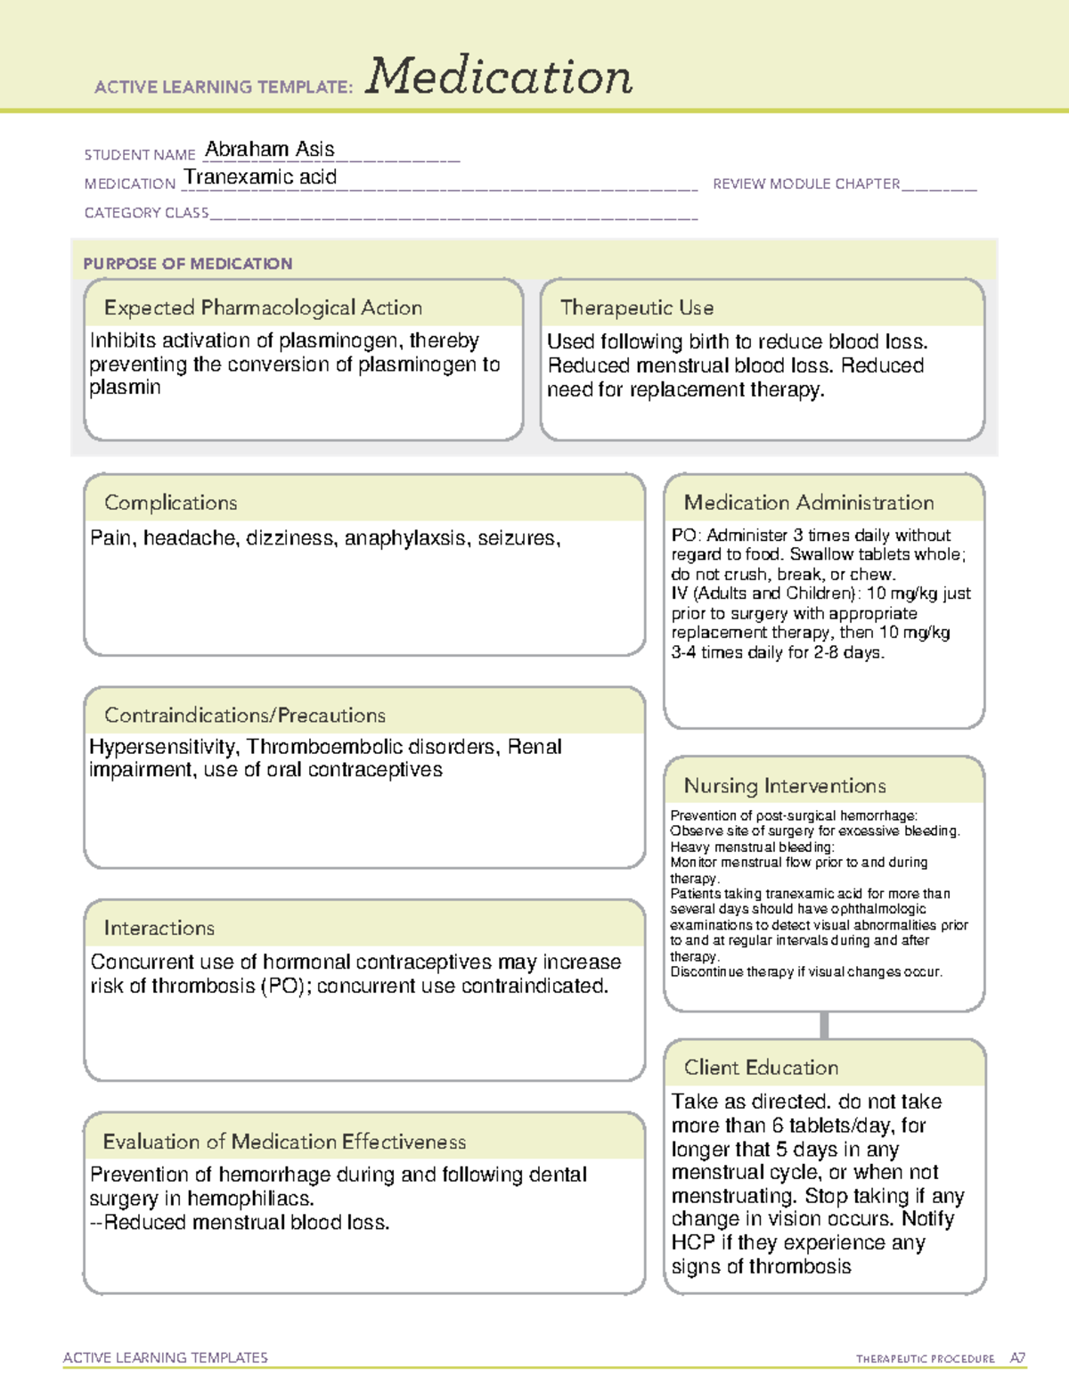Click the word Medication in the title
click(x=499, y=77)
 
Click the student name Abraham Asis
click(x=270, y=149)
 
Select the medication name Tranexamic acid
click(x=260, y=177)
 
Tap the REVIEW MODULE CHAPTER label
click(x=806, y=184)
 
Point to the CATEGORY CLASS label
click(x=146, y=213)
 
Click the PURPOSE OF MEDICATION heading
click(x=188, y=264)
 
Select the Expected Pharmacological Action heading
click(x=263, y=308)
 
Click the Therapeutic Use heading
click(x=636, y=308)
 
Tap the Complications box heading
click(x=170, y=503)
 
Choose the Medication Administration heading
click(x=808, y=503)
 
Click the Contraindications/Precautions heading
click(x=245, y=716)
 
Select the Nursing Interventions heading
click(x=784, y=786)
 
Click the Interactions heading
click(x=159, y=929)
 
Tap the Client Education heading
click(x=761, y=1068)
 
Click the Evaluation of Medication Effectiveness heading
click(x=284, y=1142)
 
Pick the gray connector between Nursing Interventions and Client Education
click(x=824, y=1025)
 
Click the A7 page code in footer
click(x=1017, y=1358)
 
